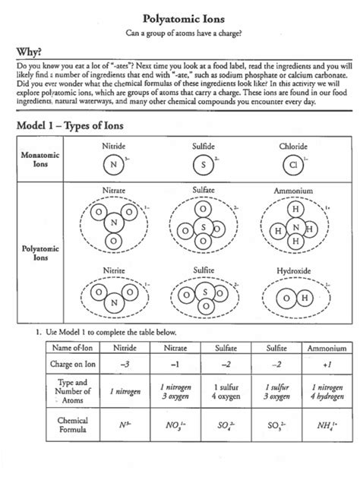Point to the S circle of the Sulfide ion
(x=204, y=164)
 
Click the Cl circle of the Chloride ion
(x=293, y=164)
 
